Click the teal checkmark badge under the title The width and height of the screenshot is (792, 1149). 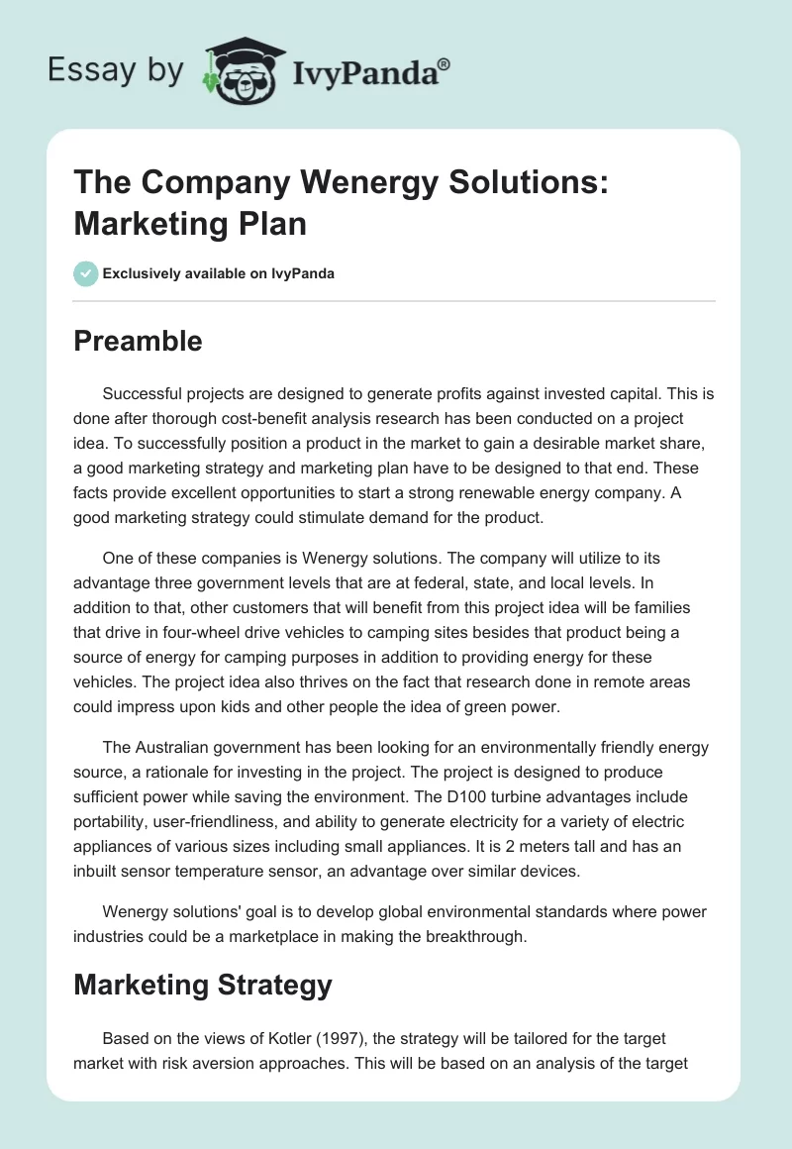86,273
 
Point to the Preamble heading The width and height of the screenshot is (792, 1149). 139,342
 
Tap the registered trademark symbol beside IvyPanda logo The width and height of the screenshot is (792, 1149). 445,63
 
